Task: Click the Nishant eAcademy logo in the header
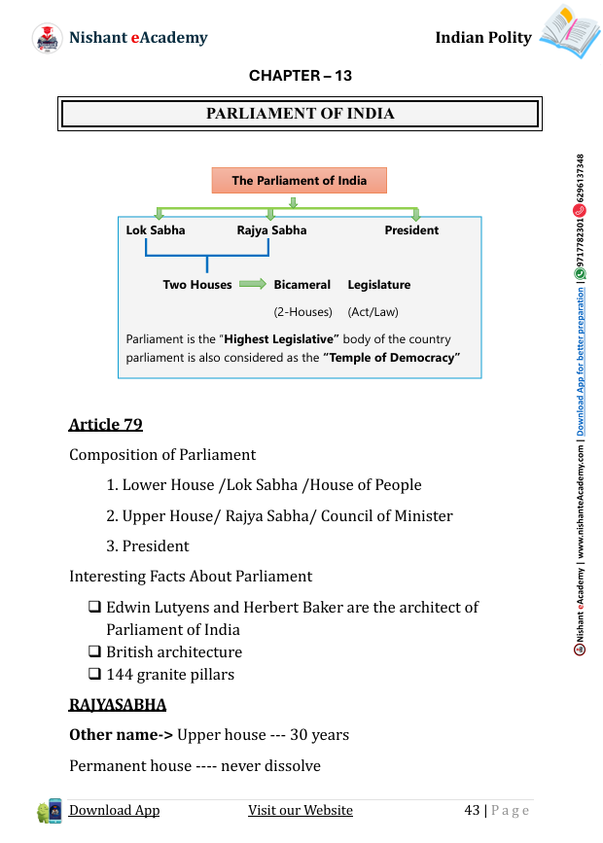[x=48, y=38]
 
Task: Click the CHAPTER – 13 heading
[x=301, y=76]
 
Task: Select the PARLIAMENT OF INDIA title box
[x=301, y=114]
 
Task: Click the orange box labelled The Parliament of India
[x=300, y=181]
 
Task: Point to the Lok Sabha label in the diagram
[x=156, y=230]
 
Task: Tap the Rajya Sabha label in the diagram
[x=271, y=230]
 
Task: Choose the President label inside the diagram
[x=411, y=230]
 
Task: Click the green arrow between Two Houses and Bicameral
[x=253, y=284]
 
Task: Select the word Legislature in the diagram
[x=379, y=285]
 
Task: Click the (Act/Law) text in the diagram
[x=373, y=312]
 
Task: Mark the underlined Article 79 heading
[x=106, y=424]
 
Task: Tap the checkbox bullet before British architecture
[x=95, y=651]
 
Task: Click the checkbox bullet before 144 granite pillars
[x=95, y=674]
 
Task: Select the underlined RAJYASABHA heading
[x=118, y=704]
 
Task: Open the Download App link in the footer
[x=114, y=811]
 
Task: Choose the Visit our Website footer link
[x=301, y=811]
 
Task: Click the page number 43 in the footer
[x=472, y=811]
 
